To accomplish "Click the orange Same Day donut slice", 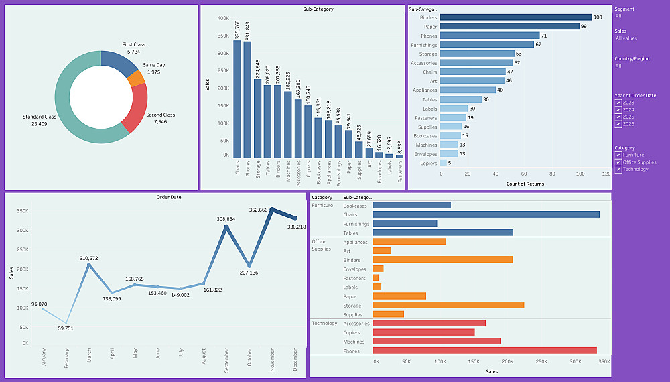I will pos(136,78).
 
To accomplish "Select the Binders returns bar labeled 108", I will pos(516,17).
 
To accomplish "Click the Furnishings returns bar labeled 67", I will pos(487,44).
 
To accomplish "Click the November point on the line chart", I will pos(271,210).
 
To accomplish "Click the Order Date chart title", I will pos(169,197).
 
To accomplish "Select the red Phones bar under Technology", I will pos(484,351).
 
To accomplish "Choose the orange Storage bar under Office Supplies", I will pos(448,306).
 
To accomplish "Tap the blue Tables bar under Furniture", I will pos(442,233).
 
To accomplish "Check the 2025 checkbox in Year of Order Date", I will pos(618,117).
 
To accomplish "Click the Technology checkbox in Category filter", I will pos(618,169).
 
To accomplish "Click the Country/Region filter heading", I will pos(632,59).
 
